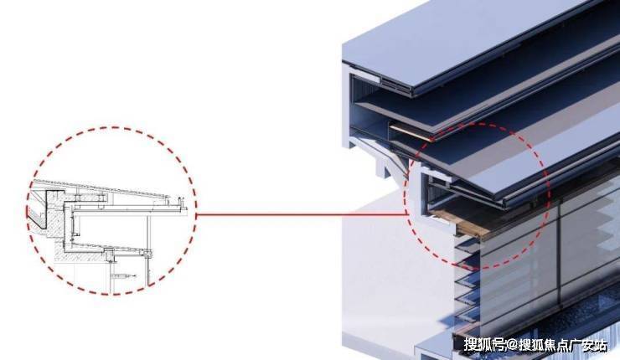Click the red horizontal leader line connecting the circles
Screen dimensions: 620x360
pyautogui.click(x=302, y=215)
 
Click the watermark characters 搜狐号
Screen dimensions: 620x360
pyautogui.click(x=485, y=346)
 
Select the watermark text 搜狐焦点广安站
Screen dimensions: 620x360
pyautogui.click(x=563, y=346)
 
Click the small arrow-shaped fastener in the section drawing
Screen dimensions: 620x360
pyautogui.click(x=125, y=275)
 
